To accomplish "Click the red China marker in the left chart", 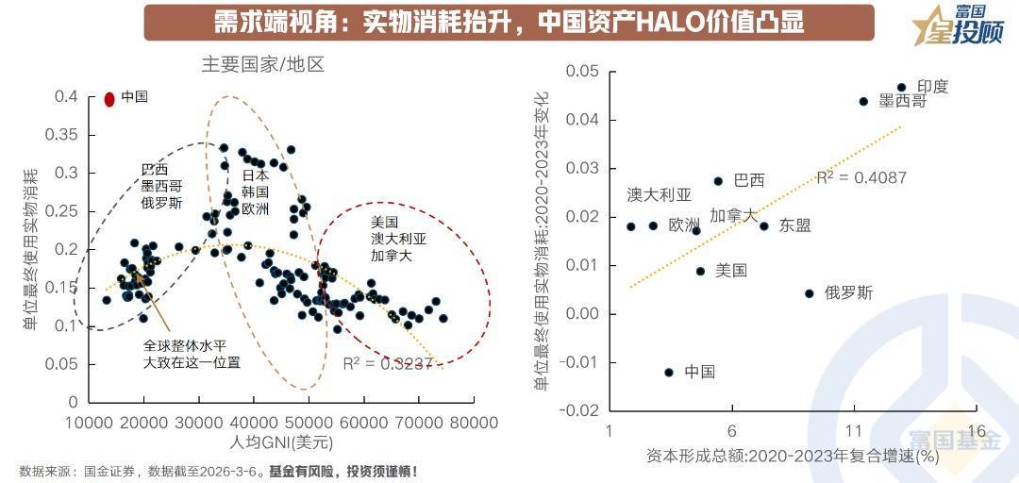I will click(109, 98).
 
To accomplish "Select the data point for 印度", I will click(901, 88).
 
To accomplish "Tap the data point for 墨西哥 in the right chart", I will click(863, 101).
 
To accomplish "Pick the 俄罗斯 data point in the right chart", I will click(809, 293).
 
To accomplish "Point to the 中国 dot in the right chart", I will click(669, 373).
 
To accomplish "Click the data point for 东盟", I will click(764, 226).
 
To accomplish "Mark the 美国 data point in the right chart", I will click(700, 272).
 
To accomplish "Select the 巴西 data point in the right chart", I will click(718, 181).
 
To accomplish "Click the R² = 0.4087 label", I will click(861, 177).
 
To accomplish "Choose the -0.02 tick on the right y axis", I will click(580, 410).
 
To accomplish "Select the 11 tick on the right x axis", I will click(854, 431).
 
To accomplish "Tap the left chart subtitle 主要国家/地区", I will click(262, 65).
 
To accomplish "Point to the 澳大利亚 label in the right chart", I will click(659, 195).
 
